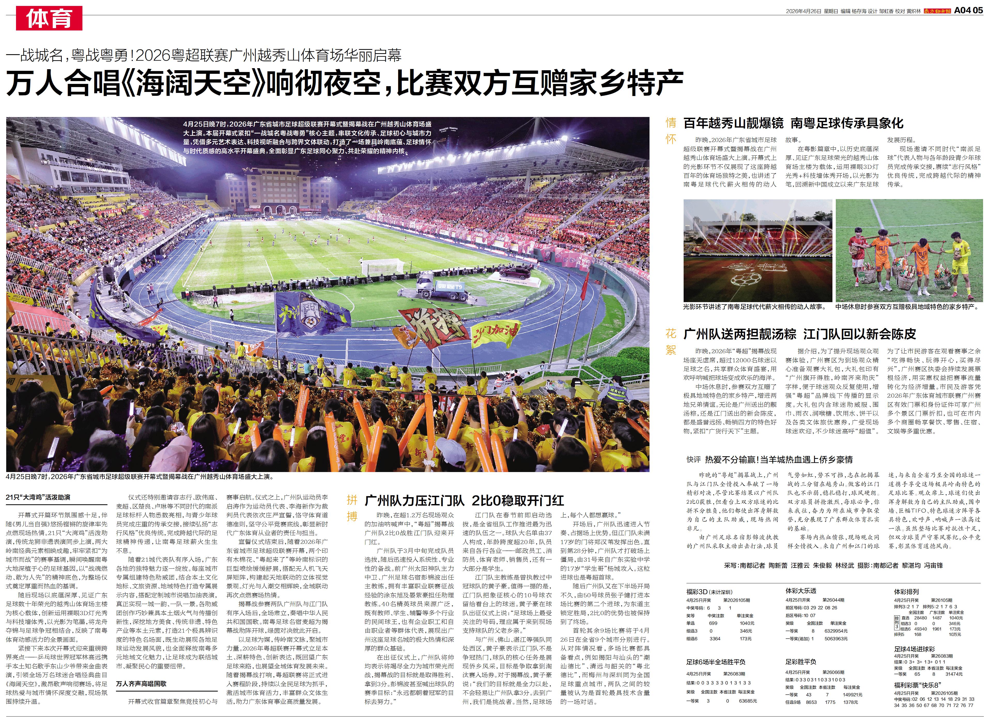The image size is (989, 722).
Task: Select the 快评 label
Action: (693, 460)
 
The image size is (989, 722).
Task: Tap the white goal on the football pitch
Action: (383, 266)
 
